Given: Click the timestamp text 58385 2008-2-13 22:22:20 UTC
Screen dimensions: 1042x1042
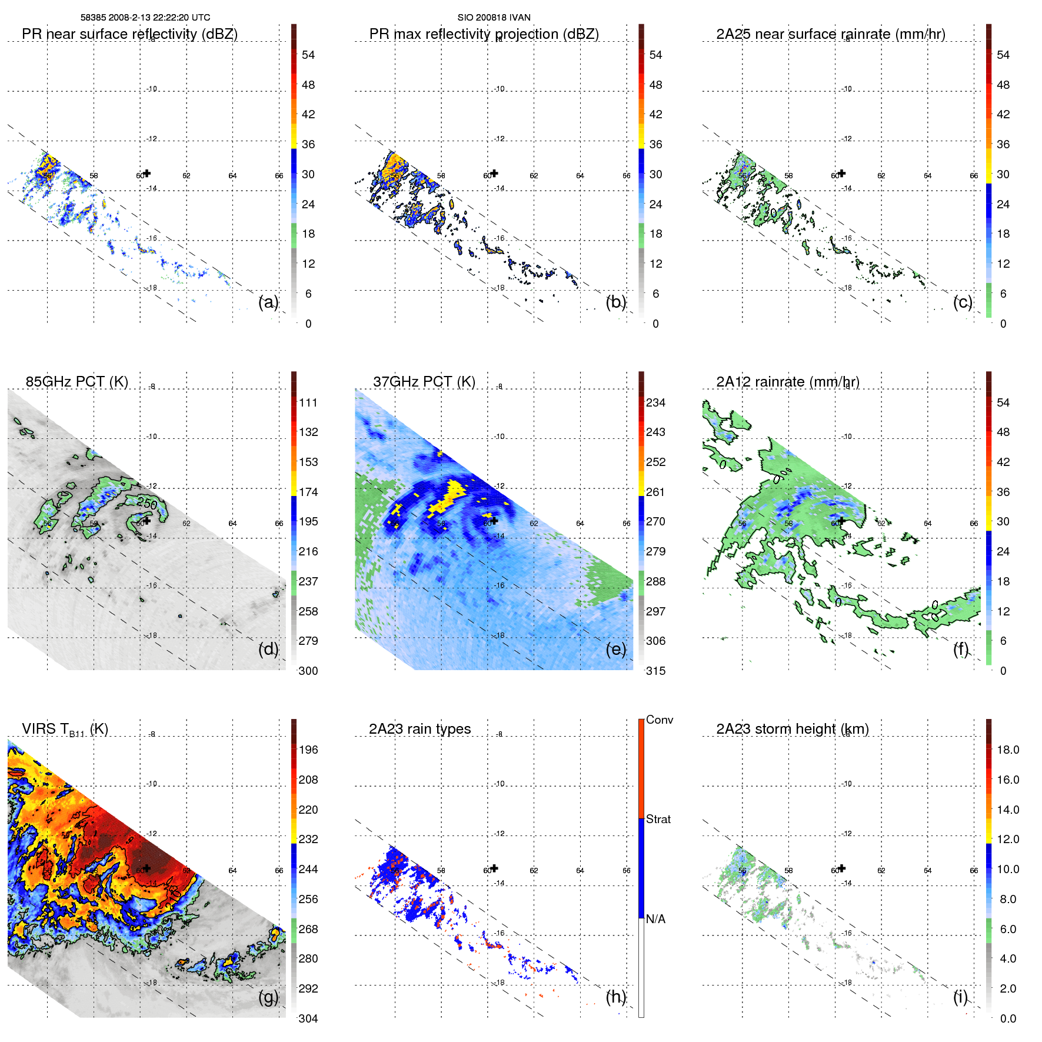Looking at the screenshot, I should point(145,18).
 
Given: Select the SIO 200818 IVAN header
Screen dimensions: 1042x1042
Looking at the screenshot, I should point(494,18).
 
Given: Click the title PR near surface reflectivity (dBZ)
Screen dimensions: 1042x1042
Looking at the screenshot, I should point(129,34).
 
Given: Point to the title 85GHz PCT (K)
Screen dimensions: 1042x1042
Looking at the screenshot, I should point(76,382).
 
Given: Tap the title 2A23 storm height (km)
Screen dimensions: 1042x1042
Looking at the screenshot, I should point(792,729).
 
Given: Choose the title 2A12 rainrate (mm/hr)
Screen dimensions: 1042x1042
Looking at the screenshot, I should point(787,382).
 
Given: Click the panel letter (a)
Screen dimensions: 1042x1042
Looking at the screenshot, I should point(268,302).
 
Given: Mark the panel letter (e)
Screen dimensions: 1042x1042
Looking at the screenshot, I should point(616,650).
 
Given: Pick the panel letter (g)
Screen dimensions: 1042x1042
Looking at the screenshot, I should point(268,997).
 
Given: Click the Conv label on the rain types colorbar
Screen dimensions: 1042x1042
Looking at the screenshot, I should point(659,720).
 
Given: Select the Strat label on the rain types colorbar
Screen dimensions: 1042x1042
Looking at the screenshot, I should point(658,820).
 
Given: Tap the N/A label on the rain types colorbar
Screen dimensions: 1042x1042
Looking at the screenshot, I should point(655,919).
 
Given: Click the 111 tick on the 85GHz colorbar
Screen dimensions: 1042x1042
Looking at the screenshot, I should point(308,403).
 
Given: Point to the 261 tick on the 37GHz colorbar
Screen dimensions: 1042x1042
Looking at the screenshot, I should point(655,492).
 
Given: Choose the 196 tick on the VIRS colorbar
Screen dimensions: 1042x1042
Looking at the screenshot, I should point(308,750).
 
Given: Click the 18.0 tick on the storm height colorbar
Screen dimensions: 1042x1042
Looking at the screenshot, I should point(1007,750).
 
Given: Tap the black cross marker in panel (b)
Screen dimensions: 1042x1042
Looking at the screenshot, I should point(494,173).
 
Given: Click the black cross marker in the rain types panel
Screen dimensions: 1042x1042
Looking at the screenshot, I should point(494,868).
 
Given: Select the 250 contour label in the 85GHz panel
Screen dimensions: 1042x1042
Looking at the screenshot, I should point(147,504).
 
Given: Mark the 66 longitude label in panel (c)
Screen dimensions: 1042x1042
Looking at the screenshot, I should point(974,176).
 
